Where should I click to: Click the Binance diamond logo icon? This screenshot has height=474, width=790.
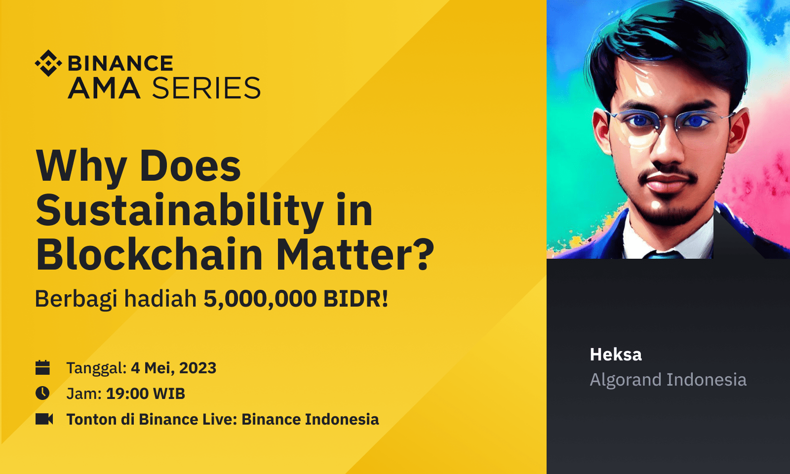pyautogui.click(x=48, y=63)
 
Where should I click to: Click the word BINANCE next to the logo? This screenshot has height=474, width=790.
pyautogui.click(x=120, y=64)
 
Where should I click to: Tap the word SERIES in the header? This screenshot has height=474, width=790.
pyautogui.click(x=206, y=88)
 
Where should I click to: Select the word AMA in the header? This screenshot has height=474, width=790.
pyautogui.click(x=104, y=88)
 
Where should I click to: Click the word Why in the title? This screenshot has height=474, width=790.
pyautogui.click(x=81, y=166)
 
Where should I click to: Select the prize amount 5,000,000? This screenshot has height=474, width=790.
pyautogui.click(x=260, y=299)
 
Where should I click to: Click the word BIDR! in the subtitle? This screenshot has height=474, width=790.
pyautogui.click(x=355, y=299)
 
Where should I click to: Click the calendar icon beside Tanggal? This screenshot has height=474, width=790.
pyautogui.click(x=43, y=368)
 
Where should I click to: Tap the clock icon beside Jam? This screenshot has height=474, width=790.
pyautogui.click(x=43, y=394)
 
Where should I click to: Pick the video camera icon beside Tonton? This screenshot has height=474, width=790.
pyautogui.click(x=44, y=419)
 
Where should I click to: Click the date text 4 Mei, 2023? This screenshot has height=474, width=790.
pyautogui.click(x=173, y=368)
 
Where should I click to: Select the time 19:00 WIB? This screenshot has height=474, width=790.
pyautogui.click(x=145, y=394)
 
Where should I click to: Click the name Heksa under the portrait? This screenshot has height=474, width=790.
pyautogui.click(x=616, y=355)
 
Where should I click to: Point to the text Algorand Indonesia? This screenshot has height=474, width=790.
pyautogui.click(x=668, y=380)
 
